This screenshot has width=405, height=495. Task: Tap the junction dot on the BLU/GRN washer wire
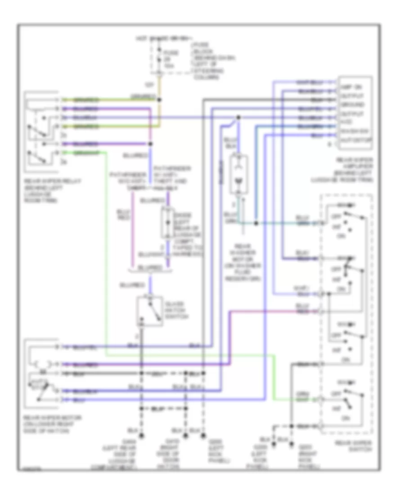pyautogui.click(x=255, y=223)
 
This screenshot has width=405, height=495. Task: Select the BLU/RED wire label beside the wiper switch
pyautogui.click(x=302, y=308)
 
